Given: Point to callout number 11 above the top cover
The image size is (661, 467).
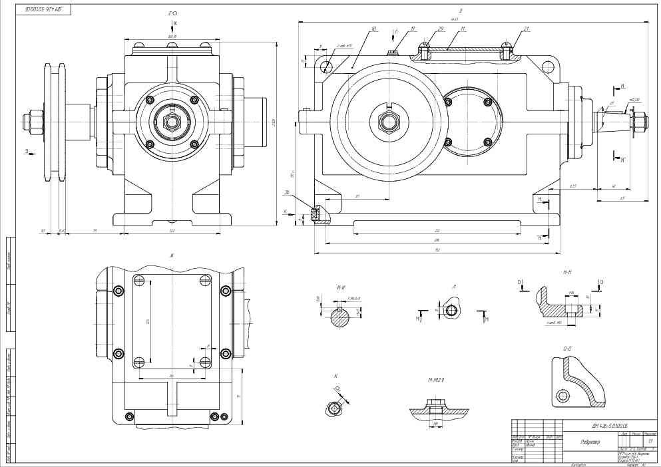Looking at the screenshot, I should (463, 29).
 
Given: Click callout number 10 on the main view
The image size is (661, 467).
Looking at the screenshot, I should (374, 29).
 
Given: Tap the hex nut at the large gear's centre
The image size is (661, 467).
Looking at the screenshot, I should (386, 122).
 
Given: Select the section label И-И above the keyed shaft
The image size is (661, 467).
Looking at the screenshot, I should (341, 288).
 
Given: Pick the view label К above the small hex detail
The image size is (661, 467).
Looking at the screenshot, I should (335, 376).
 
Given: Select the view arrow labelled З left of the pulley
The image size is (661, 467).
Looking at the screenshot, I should (27, 152).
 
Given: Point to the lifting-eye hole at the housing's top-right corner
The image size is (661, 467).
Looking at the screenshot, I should (549, 67).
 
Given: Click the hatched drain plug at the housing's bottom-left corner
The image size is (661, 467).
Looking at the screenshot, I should (316, 215).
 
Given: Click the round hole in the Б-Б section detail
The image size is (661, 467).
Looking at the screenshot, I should (563, 397).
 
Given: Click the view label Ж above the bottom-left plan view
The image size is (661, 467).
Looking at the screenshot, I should (171, 255).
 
